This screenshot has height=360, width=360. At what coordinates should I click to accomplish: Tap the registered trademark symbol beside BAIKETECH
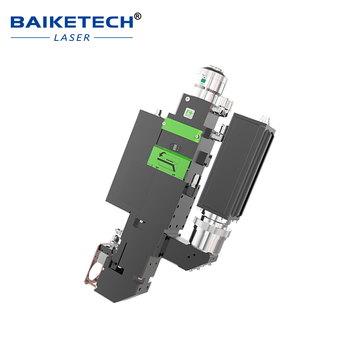(138, 17)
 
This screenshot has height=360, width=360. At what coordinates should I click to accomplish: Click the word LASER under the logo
(72, 38)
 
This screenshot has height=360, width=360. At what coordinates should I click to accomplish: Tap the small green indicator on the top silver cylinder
(203, 81)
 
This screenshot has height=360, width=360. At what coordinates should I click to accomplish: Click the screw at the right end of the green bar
(197, 135)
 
